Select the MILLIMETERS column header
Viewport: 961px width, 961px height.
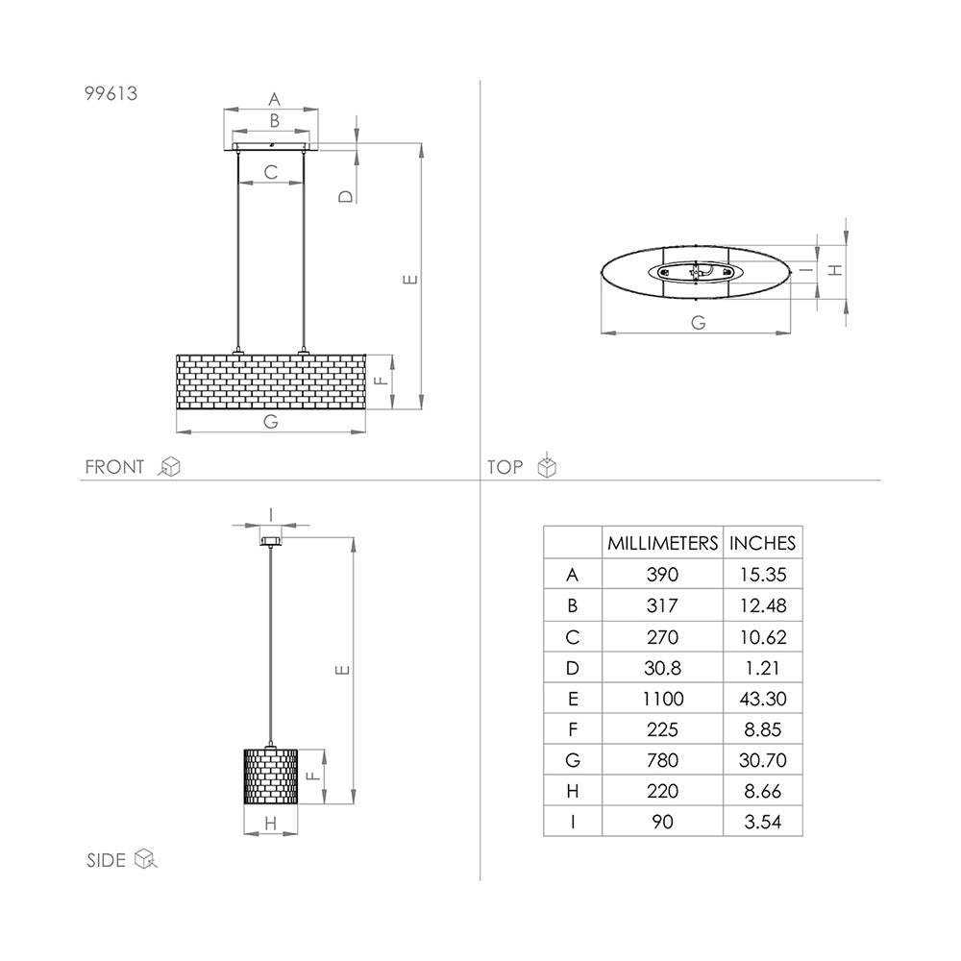662,543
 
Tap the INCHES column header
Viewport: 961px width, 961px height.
762,543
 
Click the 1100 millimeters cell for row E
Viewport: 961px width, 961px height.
662,699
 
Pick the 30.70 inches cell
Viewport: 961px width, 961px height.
762,760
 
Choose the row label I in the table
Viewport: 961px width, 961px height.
573,822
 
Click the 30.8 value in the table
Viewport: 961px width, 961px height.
662,668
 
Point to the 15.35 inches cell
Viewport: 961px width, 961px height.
762,576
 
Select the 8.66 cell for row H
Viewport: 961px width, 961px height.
762,791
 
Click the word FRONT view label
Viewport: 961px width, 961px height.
114,468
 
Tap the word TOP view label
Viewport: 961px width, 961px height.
505,468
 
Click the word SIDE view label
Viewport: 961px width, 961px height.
106,860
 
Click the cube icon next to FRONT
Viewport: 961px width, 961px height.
169,468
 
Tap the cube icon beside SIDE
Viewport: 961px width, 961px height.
145,858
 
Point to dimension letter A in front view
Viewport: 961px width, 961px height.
273,98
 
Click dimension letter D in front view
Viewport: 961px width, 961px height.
346,195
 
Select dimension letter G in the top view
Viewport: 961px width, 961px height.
698,323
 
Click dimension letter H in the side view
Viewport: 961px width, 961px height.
270,823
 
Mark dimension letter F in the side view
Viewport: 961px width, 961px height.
310,776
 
